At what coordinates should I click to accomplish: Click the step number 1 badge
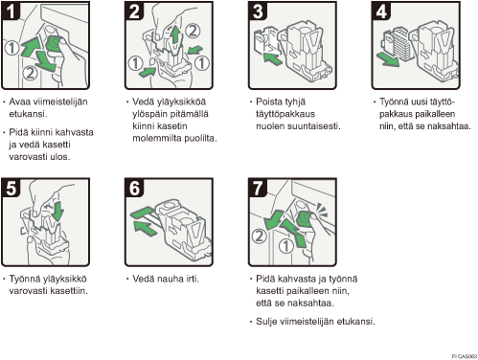tap(11, 11)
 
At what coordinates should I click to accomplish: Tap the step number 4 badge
tap(381, 11)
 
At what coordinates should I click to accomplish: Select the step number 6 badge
tap(134, 188)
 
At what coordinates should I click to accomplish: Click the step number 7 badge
tap(258, 188)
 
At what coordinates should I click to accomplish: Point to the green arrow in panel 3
tap(273, 59)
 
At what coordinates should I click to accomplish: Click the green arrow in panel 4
tap(388, 59)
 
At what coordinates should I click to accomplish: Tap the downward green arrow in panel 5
tap(58, 211)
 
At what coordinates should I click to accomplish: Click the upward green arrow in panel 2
tap(175, 34)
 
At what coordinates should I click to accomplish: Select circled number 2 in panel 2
tap(192, 31)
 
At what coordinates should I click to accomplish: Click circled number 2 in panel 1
tap(30, 73)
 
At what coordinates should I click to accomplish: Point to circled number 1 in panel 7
tap(285, 246)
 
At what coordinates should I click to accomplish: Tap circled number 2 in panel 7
tap(260, 236)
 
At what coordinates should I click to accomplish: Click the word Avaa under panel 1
tap(20, 101)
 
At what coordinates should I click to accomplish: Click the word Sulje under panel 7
tap(266, 322)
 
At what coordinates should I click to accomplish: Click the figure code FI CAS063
tap(465, 356)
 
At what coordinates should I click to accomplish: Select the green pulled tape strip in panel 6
tap(143, 213)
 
